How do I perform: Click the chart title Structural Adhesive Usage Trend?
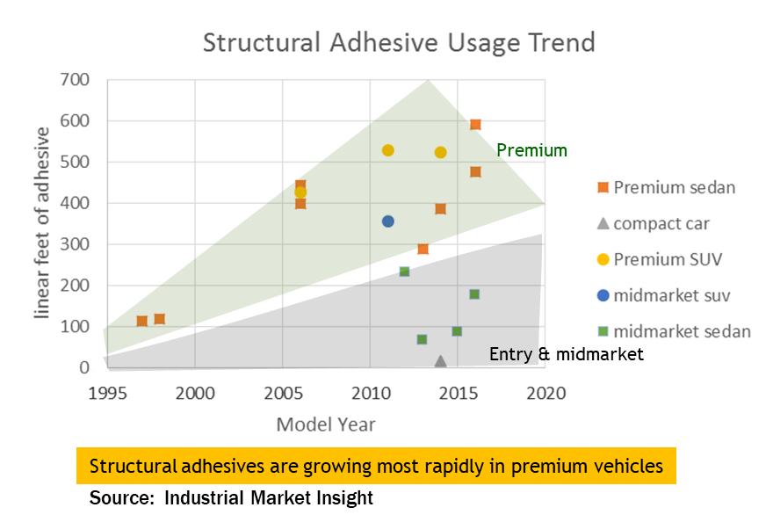click(x=399, y=42)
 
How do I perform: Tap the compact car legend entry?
click(x=661, y=223)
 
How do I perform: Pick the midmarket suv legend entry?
click(x=672, y=295)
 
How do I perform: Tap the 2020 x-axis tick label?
click(x=545, y=392)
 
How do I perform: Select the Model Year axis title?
click(x=326, y=425)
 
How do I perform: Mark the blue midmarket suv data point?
click(x=387, y=221)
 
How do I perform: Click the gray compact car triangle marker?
click(x=440, y=361)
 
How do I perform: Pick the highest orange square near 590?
click(x=475, y=125)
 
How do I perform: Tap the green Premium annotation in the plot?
click(x=531, y=150)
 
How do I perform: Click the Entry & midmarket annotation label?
click(x=566, y=354)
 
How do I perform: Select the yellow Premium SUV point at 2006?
click(x=300, y=192)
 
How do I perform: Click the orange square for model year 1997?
click(x=142, y=321)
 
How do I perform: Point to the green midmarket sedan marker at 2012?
click(x=404, y=272)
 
